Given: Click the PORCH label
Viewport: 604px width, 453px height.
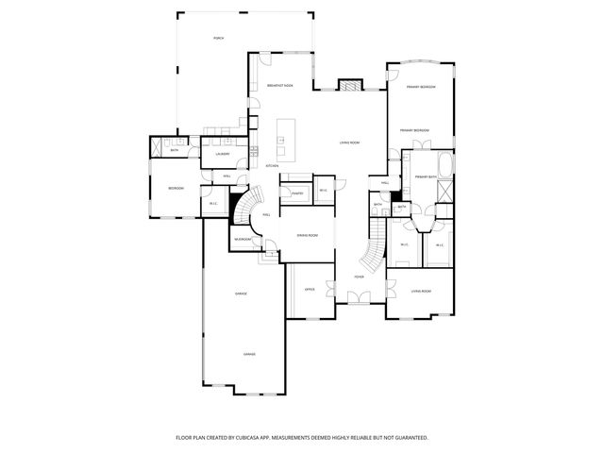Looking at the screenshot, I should click(x=218, y=38).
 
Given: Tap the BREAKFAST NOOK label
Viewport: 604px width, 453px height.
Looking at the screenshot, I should click(x=279, y=86).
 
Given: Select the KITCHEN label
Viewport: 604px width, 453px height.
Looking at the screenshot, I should click(x=272, y=166).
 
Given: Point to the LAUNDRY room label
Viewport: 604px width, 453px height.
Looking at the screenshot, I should click(x=223, y=154).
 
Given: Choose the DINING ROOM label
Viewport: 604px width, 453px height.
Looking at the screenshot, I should click(x=307, y=236).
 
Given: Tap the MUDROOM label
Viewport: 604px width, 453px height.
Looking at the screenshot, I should click(x=243, y=240).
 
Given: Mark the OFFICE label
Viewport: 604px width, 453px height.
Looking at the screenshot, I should click(x=309, y=290).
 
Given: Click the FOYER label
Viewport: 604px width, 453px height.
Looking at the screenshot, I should click(x=359, y=277).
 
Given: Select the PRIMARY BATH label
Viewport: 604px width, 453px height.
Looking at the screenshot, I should click(x=425, y=177).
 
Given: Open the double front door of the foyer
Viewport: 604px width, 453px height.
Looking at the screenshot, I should click(x=359, y=297).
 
